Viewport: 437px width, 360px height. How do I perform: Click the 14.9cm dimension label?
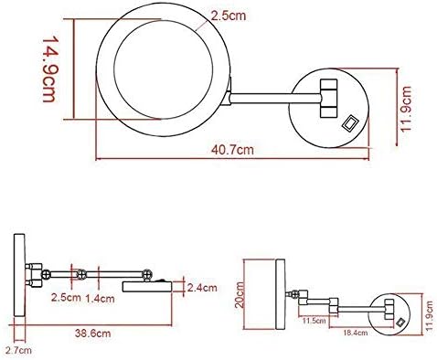[48, 69]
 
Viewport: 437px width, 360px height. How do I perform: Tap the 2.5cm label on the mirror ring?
[229, 16]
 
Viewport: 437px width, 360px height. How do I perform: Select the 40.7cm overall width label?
[232, 150]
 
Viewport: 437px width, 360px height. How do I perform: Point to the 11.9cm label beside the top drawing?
[407, 109]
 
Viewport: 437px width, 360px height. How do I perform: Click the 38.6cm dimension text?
[92, 333]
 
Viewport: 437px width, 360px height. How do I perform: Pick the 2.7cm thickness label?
[18, 351]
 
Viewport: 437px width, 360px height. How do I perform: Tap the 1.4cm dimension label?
[100, 299]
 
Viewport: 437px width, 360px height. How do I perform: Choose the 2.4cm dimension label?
[202, 288]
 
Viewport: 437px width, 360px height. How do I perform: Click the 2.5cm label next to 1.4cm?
[66, 297]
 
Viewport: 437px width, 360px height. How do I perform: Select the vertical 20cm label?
[240, 294]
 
